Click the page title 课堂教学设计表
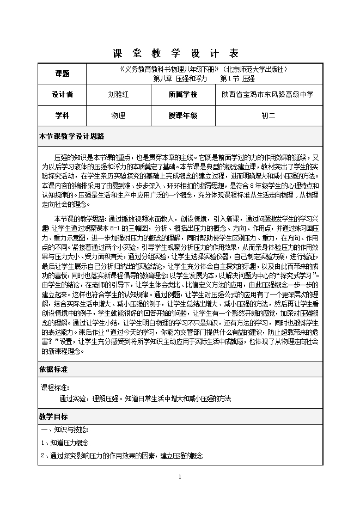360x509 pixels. tap(175, 53)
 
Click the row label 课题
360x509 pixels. tap(63, 73)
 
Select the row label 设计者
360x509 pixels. tap(63, 94)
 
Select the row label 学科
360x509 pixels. tap(63, 115)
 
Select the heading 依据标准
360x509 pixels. tap(53, 369)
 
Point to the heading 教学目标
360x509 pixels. tap(53, 416)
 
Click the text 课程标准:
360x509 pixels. tap(56, 388)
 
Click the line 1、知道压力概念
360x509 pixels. tap(65, 443)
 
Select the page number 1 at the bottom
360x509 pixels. tap(179, 477)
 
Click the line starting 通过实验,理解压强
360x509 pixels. tap(145, 398)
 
